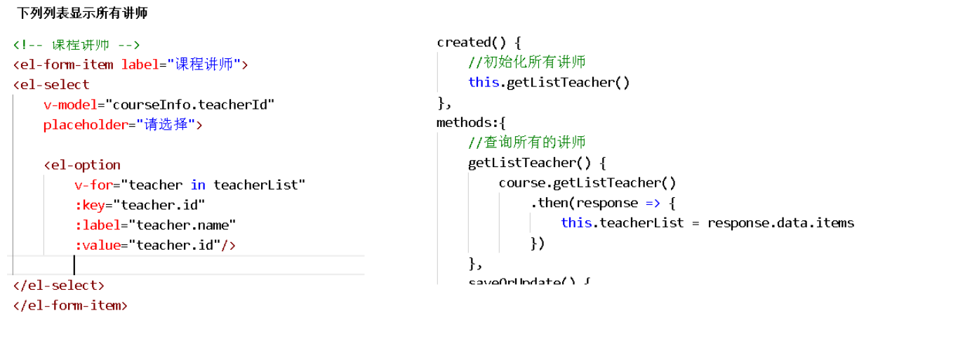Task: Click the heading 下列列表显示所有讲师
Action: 82,13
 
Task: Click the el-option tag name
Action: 85,166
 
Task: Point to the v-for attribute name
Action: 95,185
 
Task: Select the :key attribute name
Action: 92,205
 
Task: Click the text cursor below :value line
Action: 74,265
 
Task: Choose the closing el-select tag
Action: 59,286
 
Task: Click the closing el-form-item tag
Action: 70,306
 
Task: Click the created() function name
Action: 463,42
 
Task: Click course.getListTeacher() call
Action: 587,183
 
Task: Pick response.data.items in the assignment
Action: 780,223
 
